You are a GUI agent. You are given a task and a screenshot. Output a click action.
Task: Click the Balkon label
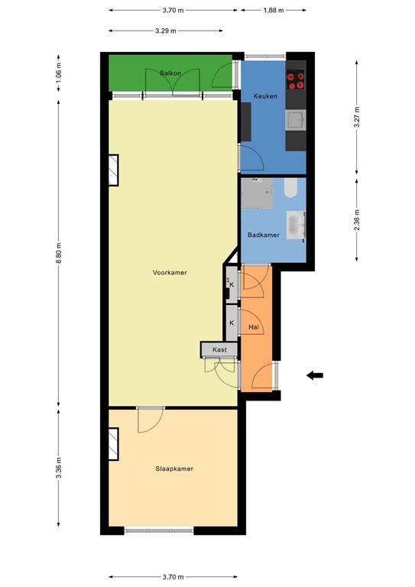click(170, 73)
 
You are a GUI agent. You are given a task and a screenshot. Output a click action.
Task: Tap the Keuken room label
click(265, 96)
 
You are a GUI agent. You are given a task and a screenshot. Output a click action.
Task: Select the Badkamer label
click(264, 235)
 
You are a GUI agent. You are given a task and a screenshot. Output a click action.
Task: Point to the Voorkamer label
click(170, 273)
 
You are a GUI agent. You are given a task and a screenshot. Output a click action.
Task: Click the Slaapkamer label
click(174, 469)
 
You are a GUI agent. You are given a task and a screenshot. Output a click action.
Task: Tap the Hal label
click(254, 327)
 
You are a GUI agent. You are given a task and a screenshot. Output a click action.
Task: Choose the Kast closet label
click(219, 349)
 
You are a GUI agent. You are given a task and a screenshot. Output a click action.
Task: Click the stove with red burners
click(296, 79)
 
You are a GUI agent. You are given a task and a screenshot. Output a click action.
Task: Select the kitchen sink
click(296, 120)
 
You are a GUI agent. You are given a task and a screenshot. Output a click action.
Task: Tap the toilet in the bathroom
click(290, 188)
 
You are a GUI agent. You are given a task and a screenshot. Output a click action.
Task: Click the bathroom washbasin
click(296, 225)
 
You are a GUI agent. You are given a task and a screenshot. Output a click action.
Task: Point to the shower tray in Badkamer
click(257, 193)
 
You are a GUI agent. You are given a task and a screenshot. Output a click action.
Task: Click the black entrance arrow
click(315, 375)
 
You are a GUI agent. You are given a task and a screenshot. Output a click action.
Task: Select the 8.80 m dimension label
click(59, 253)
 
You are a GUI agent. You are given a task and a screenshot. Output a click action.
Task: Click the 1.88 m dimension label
click(274, 10)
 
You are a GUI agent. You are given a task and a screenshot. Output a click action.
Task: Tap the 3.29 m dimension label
click(166, 31)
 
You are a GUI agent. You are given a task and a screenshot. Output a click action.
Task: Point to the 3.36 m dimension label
click(59, 468)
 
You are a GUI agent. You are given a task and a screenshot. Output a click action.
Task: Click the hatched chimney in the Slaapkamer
click(113, 444)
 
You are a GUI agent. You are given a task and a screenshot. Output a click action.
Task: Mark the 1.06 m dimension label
click(59, 73)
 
